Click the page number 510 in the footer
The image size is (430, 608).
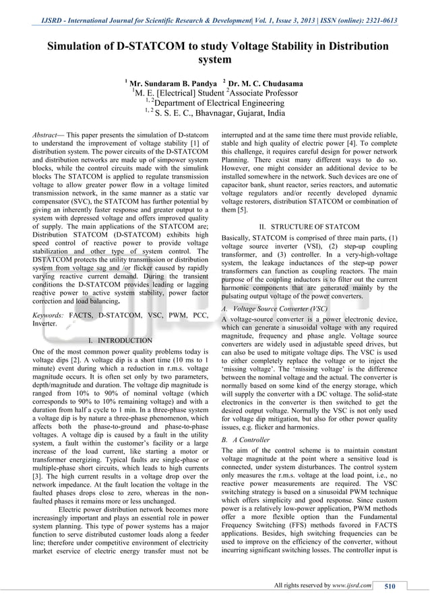pos(390,586)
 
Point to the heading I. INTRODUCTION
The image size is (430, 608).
pos(120,340)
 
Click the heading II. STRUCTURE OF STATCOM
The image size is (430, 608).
pos(309,226)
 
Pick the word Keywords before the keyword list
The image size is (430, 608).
pos(47,314)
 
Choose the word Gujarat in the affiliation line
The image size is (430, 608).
pos(259,114)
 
